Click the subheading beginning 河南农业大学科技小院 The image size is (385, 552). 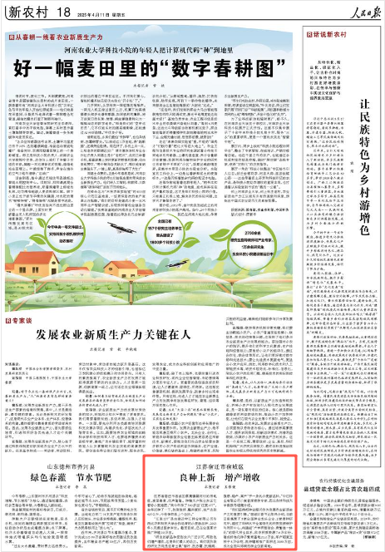tap(153, 49)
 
